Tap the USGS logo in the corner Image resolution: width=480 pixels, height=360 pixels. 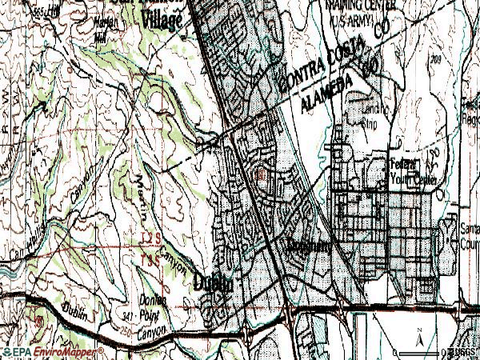pyautogui.click(x=461, y=351)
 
